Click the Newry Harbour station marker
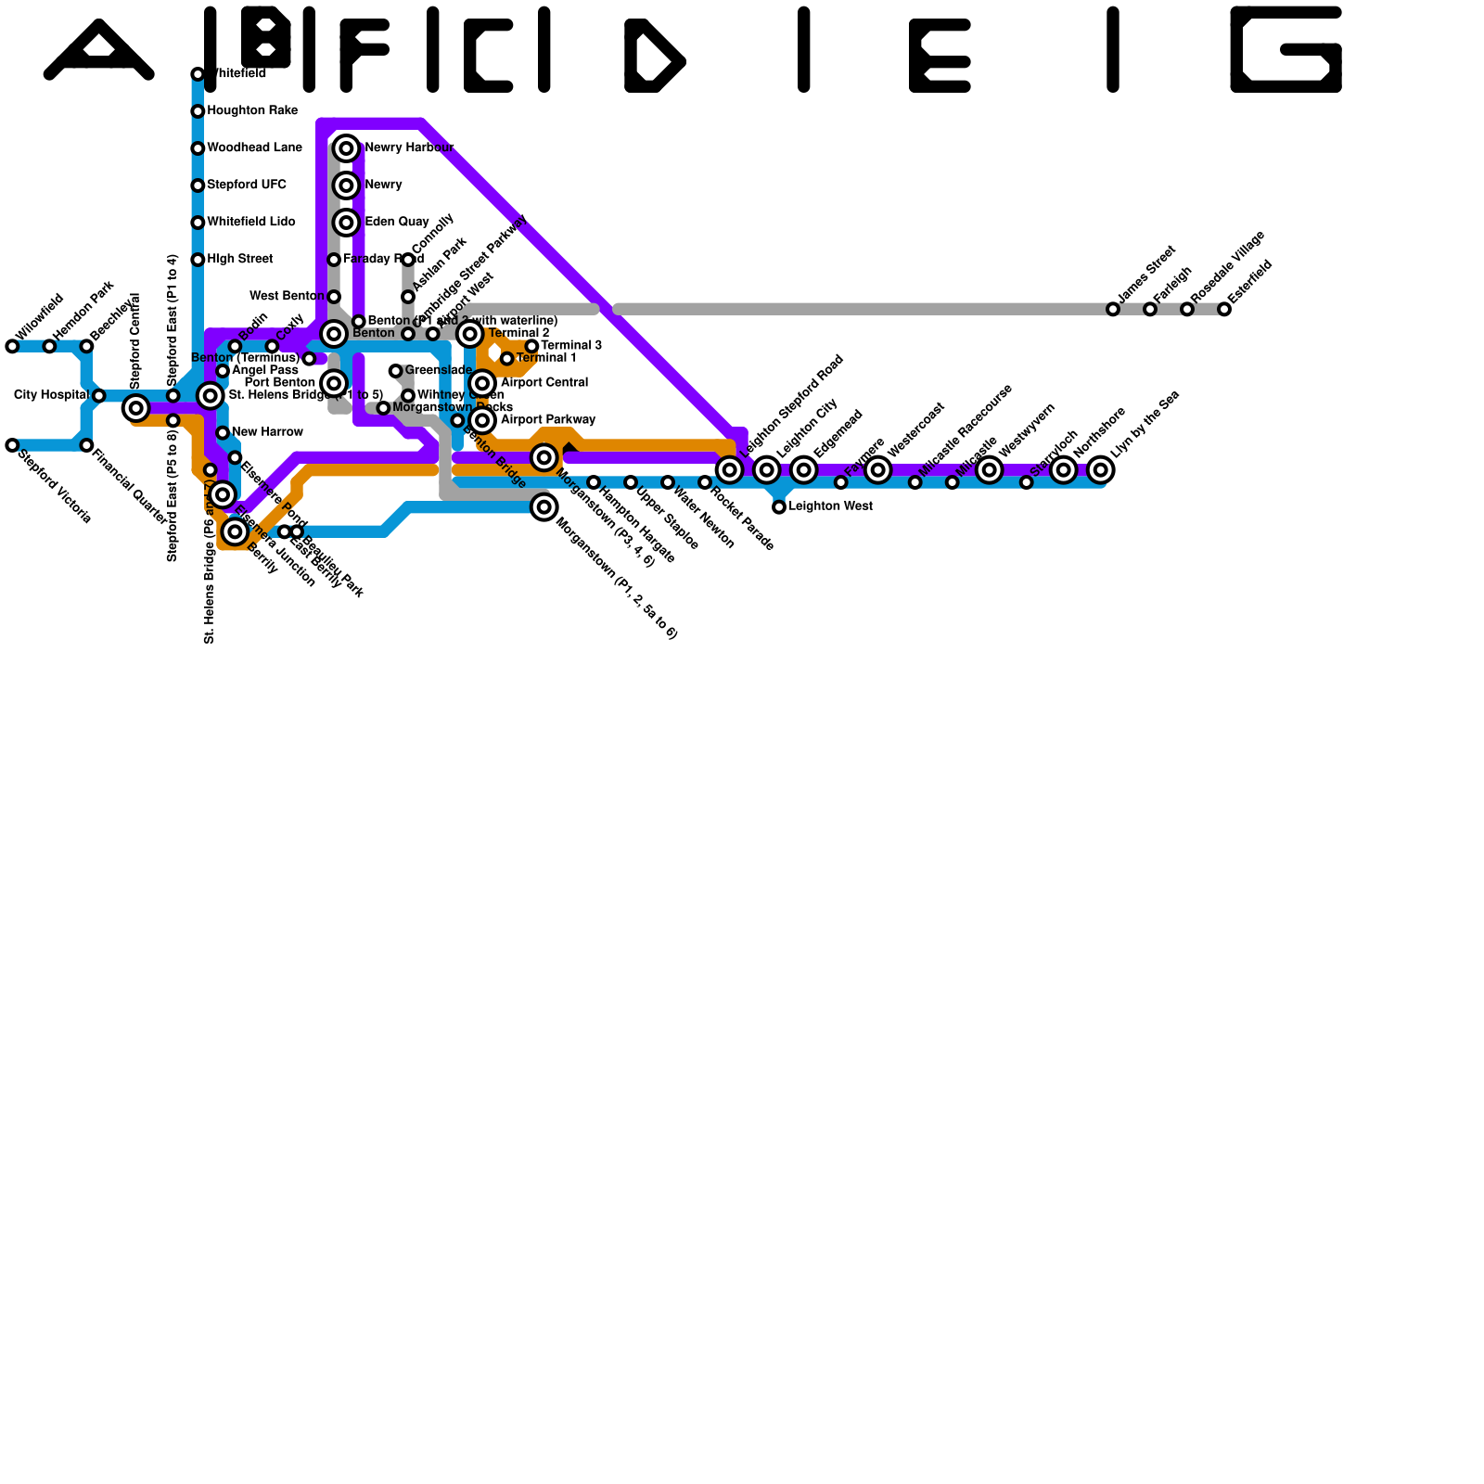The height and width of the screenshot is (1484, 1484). [346, 148]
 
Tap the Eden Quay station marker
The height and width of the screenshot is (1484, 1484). [346, 223]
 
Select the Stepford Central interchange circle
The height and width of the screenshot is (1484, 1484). [135, 407]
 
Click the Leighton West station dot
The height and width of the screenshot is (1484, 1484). [779, 506]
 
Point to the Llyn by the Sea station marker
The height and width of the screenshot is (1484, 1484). [1100, 469]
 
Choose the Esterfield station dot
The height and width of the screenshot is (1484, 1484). [1224, 309]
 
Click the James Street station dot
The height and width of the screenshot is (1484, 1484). [1113, 309]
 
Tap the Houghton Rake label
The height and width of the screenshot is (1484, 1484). [252, 111]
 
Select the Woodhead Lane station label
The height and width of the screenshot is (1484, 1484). [254, 148]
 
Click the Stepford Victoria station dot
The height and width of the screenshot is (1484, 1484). [12, 445]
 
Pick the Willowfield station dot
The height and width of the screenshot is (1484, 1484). [12, 346]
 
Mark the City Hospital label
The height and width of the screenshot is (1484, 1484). [51, 395]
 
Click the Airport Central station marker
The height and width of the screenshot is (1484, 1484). [482, 383]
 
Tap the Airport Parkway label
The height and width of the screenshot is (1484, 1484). [547, 420]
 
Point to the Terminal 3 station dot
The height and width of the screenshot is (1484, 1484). [531, 346]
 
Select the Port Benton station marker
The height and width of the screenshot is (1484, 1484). [335, 383]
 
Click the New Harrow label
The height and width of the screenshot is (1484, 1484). [267, 432]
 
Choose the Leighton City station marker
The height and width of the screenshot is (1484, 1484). [766, 469]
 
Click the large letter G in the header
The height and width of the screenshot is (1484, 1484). [1286, 50]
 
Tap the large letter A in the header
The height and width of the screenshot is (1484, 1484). [98, 52]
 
